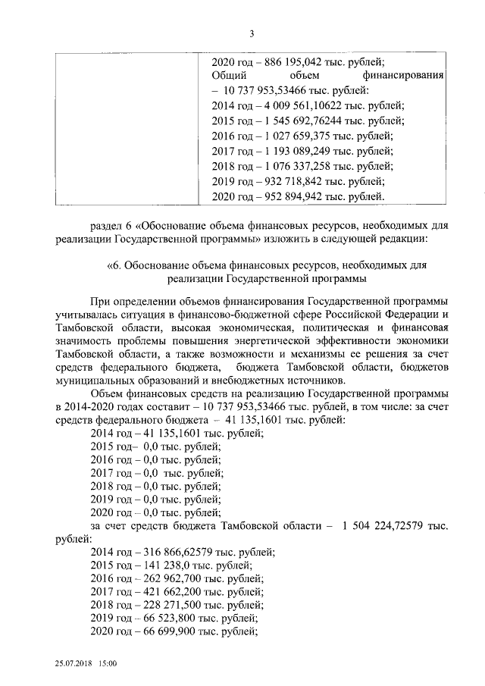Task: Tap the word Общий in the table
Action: pyautogui.click(x=229, y=77)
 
